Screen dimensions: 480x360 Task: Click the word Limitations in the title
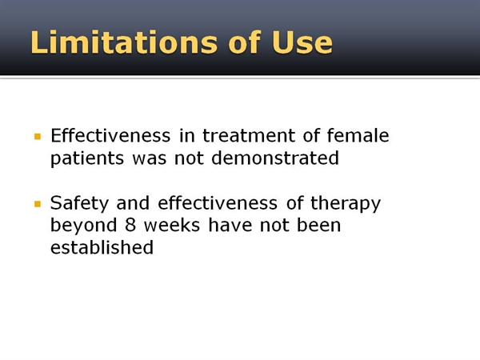pos(124,42)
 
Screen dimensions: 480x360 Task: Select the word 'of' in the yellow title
pos(244,42)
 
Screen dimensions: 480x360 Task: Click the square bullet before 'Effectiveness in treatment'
pos(38,136)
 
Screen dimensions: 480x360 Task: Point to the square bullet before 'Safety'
pos(38,203)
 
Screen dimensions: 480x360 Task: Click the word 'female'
pos(358,135)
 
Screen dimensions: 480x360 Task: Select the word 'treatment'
pos(249,135)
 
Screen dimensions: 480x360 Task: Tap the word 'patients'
pos(87,158)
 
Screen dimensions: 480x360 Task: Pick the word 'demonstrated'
pos(275,158)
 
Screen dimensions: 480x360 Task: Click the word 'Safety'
pos(79,203)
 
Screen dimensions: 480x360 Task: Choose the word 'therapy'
pos(346,203)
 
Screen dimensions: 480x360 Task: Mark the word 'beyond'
pos(83,226)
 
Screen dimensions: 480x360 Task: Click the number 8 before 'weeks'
pos(130,224)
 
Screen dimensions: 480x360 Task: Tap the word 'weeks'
pos(172,224)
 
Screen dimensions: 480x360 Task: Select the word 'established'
pos(102,246)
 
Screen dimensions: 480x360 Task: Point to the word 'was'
pos(150,159)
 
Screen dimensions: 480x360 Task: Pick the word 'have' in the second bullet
pos(230,224)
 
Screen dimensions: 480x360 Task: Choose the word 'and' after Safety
pos(133,202)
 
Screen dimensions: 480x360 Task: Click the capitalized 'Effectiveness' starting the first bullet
pos(110,135)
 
